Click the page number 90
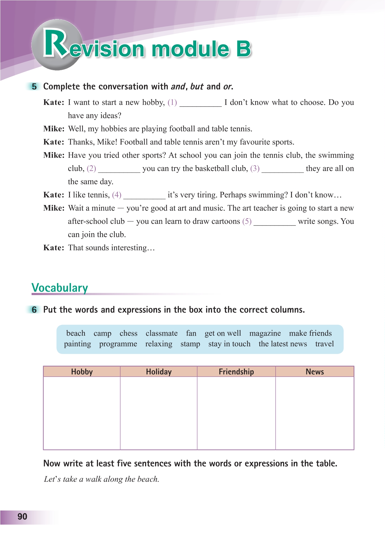coord(22,517)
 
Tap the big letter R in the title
coord(56,44)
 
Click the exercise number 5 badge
coord(34,87)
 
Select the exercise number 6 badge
coord(34,310)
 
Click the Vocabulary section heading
coord(60,288)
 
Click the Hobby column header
coord(82,372)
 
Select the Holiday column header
coord(159,372)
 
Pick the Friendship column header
coord(236,372)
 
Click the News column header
coord(315,372)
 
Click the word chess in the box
coord(128,333)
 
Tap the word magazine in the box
coord(265,333)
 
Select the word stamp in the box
coord(190,344)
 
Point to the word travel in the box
coord(324,344)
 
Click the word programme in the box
coord(118,344)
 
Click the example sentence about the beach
coord(101,479)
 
